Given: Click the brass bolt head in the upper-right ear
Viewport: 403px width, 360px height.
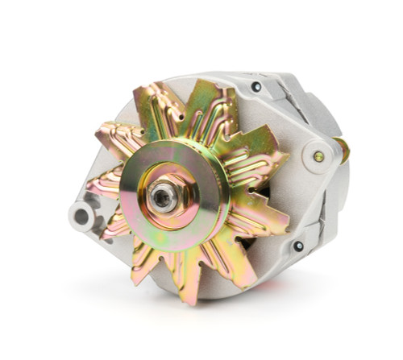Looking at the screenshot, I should tap(318, 157).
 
